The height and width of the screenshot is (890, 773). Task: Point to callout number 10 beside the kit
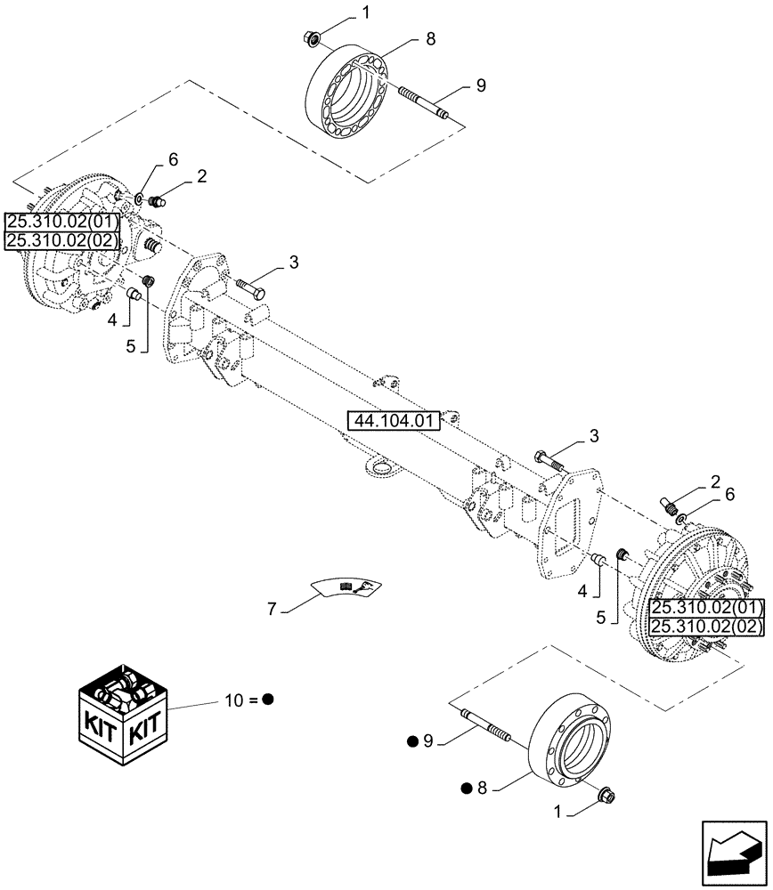point(233,700)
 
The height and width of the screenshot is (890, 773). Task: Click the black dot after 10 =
point(267,700)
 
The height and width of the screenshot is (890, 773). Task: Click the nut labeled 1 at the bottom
point(608,791)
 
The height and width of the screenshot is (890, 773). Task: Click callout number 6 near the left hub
point(173,159)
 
